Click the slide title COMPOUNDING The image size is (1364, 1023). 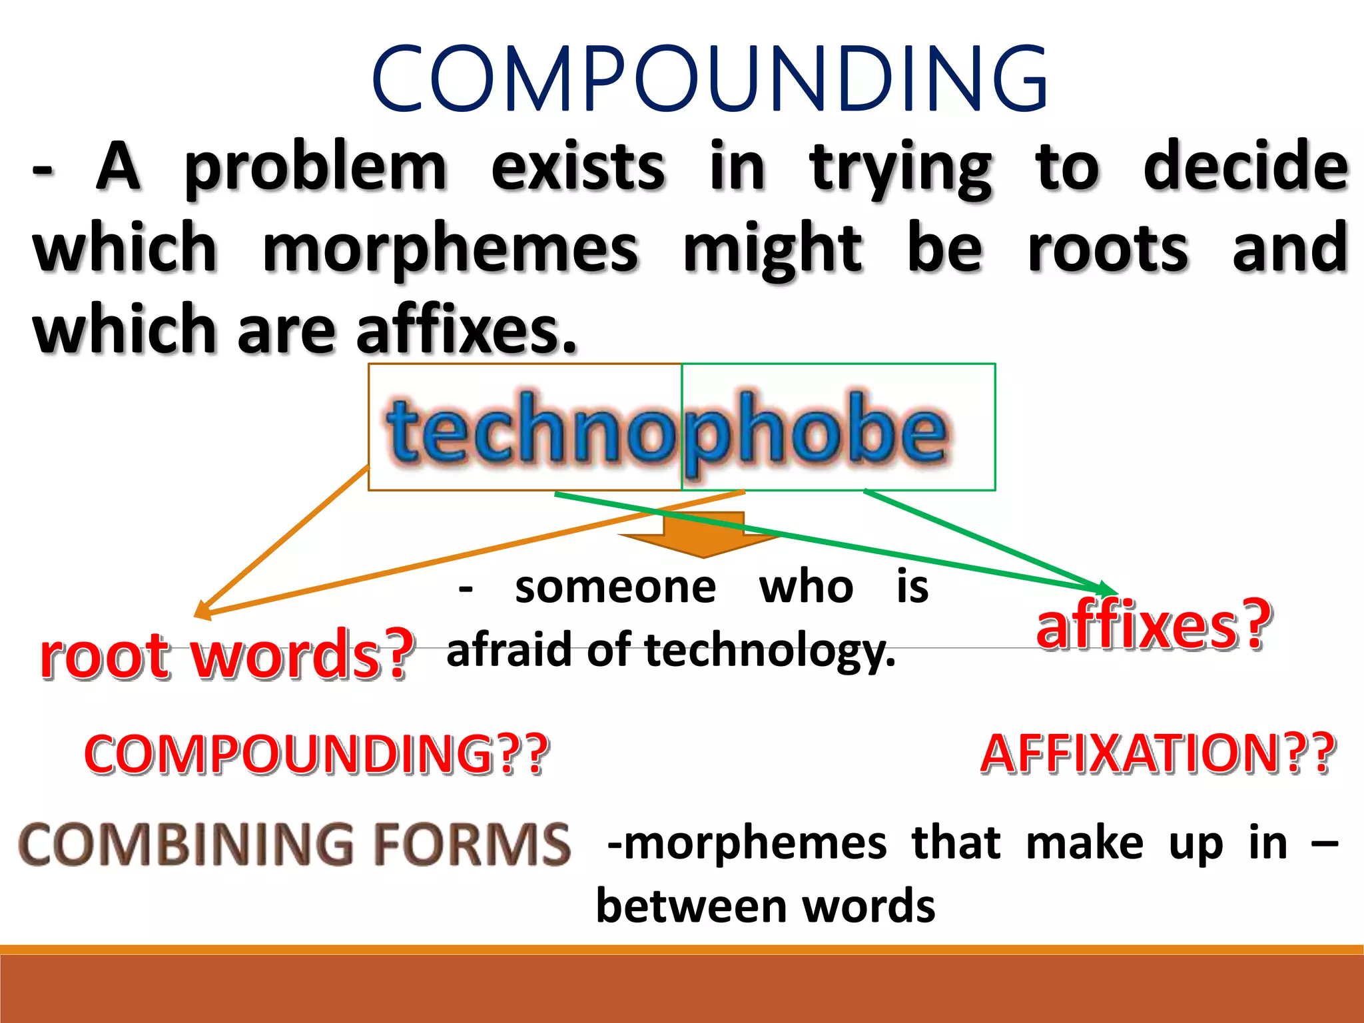pos(710,78)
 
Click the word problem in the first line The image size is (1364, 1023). pos(315,168)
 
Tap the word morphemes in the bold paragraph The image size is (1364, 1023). pos(451,249)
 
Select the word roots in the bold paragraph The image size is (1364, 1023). pos(1108,249)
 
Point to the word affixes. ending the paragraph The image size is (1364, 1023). pos(466,330)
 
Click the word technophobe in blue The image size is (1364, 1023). pos(666,430)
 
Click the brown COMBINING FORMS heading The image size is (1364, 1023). pos(294,844)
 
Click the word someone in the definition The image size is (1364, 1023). pos(615,587)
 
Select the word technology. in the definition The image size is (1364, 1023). pos(771,651)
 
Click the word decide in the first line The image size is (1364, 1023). pos(1245,168)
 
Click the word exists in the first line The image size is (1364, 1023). pos(578,168)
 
